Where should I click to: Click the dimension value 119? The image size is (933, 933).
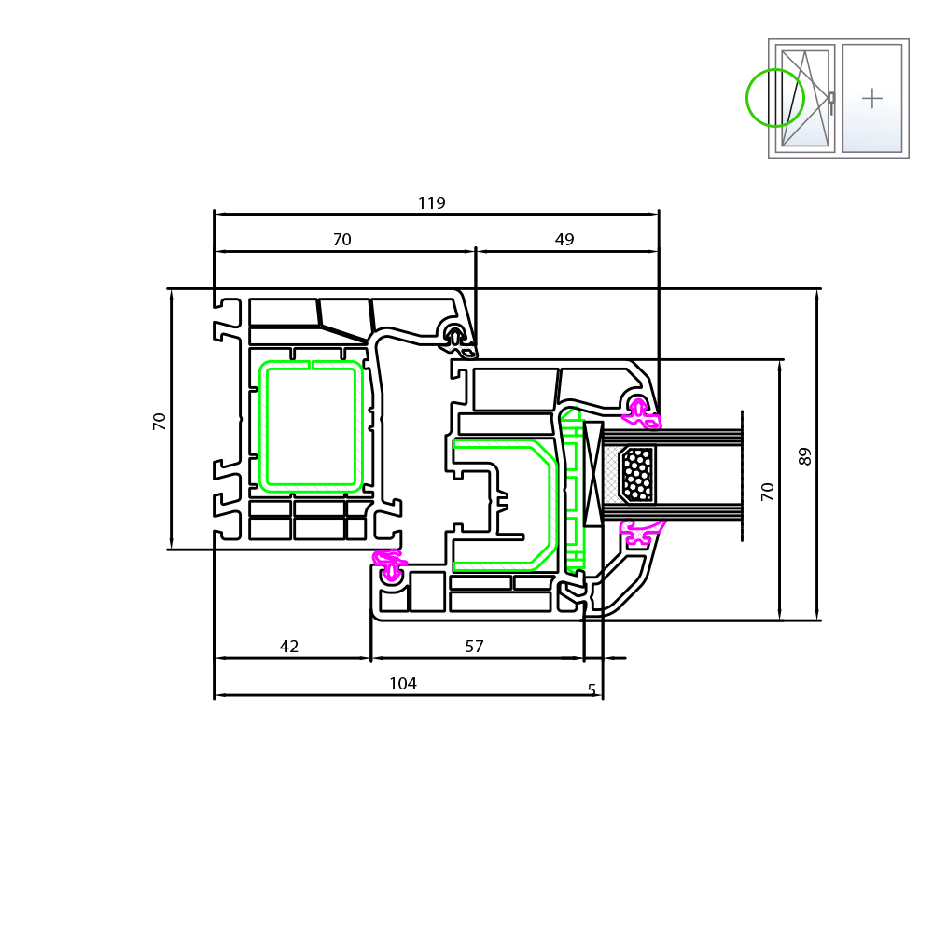tap(431, 203)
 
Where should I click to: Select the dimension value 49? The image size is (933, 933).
tap(564, 240)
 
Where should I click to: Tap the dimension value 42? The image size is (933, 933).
tap(289, 647)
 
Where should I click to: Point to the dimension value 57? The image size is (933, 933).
tap(474, 647)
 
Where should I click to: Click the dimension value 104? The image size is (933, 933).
tap(402, 684)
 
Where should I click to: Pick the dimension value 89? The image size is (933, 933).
tap(805, 455)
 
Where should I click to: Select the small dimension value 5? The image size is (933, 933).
tap(592, 691)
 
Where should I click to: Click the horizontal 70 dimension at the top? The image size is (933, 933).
tap(342, 240)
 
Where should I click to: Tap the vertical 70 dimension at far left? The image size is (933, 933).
tap(160, 421)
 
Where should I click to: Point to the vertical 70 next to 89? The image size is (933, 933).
tap(768, 492)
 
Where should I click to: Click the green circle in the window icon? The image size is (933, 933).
tap(775, 98)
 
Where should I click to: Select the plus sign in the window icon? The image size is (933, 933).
tap(872, 98)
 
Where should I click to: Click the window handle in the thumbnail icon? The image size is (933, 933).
tap(831, 101)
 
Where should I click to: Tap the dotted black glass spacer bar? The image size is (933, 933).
tap(637, 474)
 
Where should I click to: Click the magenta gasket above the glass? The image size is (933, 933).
tap(642, 414)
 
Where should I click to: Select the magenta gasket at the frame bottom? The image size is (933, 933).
tap(390, 565)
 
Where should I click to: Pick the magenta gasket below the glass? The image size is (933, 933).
tap(640, 531)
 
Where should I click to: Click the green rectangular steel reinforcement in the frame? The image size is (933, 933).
tap(311, 426)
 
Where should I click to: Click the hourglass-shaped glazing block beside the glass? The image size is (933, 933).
tap(593, 474)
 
